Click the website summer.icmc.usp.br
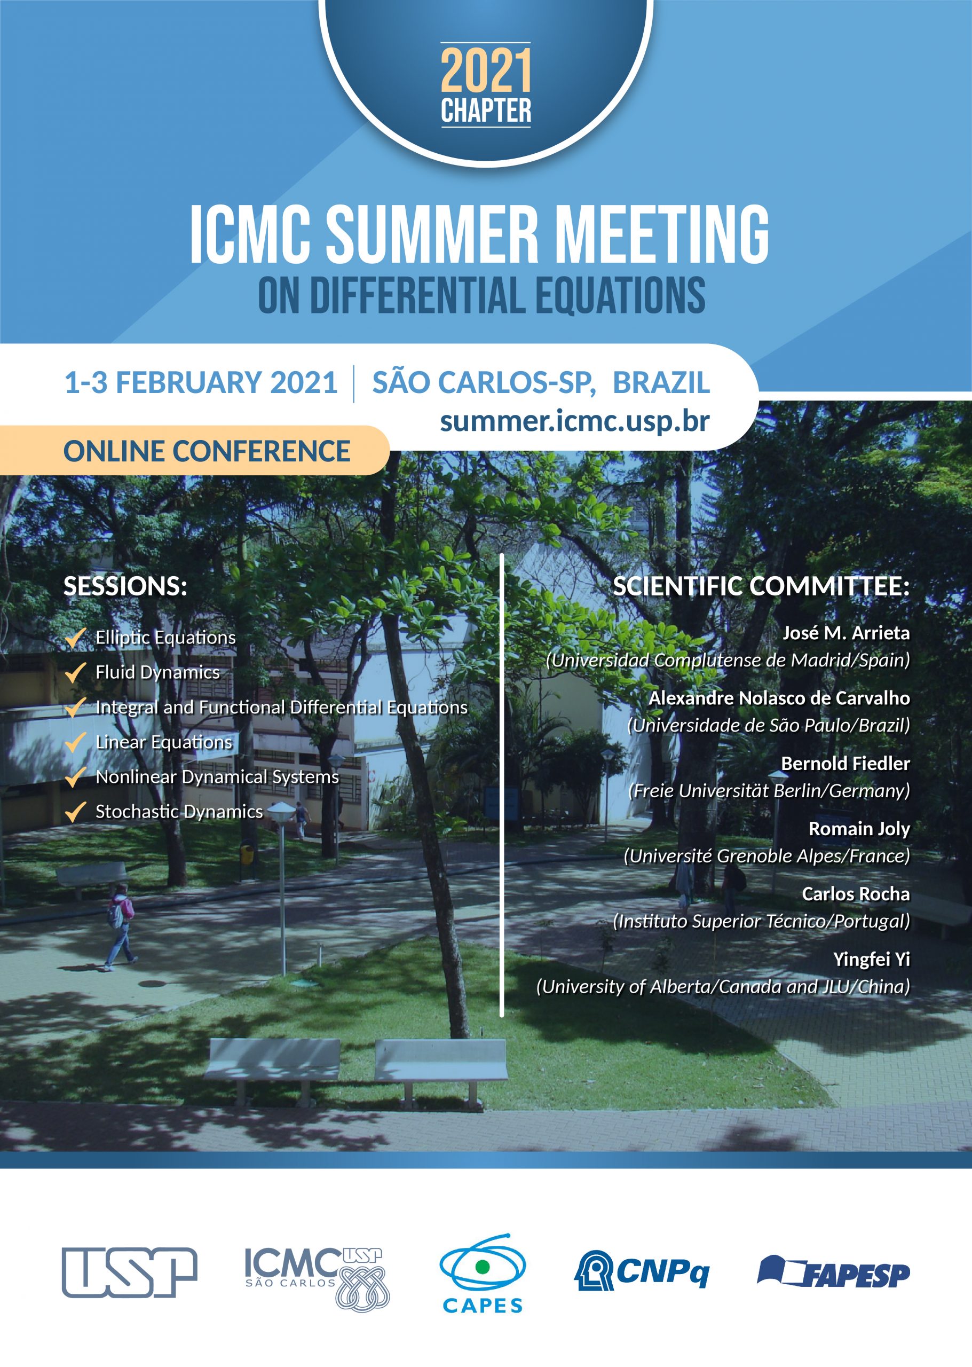click(x=574, y=421)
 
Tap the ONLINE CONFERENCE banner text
click(x=207, y=451)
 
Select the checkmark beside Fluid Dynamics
click(x=75, y=672)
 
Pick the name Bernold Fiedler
click(x=845, y=764)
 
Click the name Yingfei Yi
click(x=872, y=959)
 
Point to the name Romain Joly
click(x=859, y=829)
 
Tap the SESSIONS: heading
click(x=125, y=586)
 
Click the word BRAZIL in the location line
click(x=661, y=383)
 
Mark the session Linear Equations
click(x=163, y=742)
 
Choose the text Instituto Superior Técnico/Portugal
click(x=761, y=921)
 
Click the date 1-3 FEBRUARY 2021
click(x=201, y=383)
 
